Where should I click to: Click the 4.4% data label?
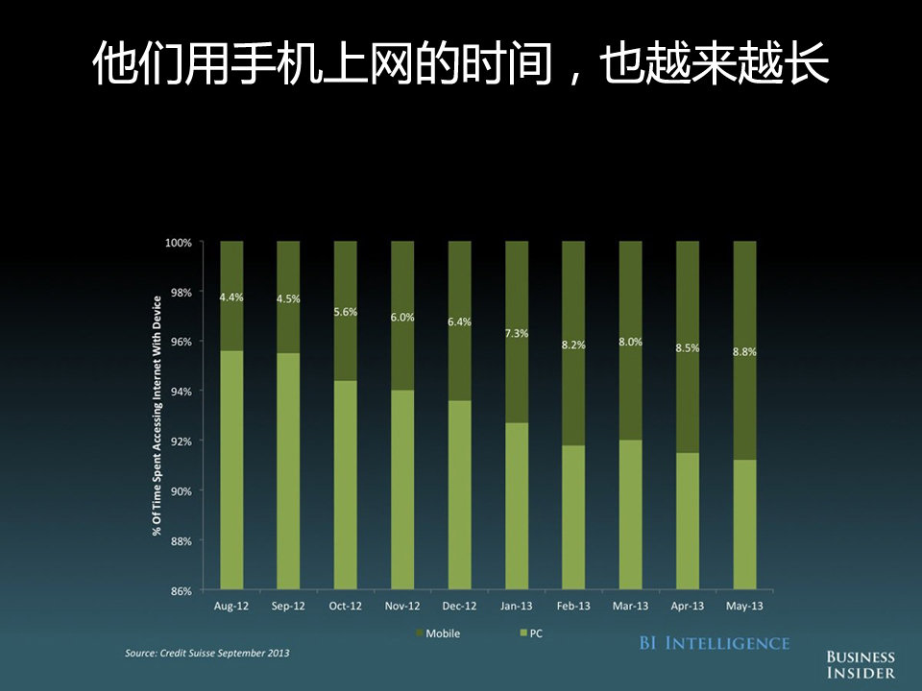coord(231,298)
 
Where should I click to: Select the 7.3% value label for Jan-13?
coord(516,333)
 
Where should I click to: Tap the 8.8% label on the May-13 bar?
coord(744,352)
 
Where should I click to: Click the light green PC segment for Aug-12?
coord(231,470)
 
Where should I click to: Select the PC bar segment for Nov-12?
coord(402,489)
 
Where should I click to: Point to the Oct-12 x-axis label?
coord(346,607)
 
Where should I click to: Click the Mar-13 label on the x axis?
coord(630,607)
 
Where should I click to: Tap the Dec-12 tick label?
coord(459,607)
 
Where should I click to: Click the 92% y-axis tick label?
coord(182,441)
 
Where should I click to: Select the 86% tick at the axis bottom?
coord(182,591)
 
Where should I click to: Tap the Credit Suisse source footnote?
coord(206,654)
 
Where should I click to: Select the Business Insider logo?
coord(861,665)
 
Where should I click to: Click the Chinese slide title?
coord(461,66)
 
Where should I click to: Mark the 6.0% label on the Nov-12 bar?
coord(402,318)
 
